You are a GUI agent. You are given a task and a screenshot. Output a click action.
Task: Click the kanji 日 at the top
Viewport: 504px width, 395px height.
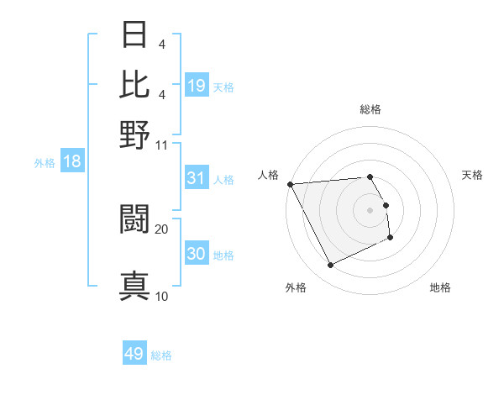pos(134,36)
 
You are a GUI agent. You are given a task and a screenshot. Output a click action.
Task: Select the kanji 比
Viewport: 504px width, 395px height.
pos(134,84)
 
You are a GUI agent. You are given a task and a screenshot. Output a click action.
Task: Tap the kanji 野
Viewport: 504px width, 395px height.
pos(134,134)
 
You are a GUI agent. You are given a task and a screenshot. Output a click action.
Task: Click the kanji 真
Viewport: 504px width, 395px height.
pos(134,286)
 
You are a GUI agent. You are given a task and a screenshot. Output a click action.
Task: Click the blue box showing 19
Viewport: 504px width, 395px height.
pos(197,85)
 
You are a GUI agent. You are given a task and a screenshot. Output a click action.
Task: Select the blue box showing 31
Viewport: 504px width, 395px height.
pos(197,178)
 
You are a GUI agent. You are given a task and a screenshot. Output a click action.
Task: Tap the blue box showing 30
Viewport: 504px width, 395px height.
pos(197,255)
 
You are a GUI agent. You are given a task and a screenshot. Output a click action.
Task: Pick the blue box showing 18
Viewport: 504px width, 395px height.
pos(72,161)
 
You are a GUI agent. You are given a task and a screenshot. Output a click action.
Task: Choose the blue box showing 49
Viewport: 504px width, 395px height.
pos(134,354)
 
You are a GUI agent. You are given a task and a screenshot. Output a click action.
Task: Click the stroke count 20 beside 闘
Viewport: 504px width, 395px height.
pos(161,229)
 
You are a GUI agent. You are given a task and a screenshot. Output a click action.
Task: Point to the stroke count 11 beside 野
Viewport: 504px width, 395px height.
pos(162,144)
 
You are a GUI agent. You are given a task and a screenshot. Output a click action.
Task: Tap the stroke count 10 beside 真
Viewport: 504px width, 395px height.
pos(161,296)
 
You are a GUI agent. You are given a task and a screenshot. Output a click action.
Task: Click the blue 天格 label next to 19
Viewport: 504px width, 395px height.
pos(223,87)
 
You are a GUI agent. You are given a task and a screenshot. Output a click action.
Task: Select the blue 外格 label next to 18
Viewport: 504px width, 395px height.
pos(45,163)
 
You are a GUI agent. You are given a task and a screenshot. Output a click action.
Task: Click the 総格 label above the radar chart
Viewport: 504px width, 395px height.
pos(370,109)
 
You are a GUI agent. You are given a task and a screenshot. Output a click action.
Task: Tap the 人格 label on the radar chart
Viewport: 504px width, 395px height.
pos(269,175)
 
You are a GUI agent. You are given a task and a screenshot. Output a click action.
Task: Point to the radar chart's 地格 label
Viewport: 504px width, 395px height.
pos(440,287)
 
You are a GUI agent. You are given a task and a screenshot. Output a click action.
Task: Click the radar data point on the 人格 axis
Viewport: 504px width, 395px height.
pos(290,184)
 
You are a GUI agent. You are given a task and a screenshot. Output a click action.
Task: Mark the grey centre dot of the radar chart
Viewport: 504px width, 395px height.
pos(370,209)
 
